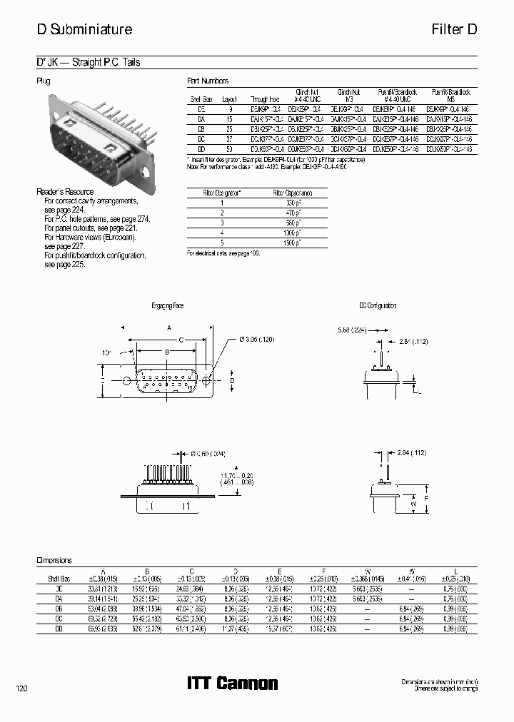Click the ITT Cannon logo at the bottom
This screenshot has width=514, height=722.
tap(232, 683)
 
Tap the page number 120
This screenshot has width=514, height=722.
tap(21, 688)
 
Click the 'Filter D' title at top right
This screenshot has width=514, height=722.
tap(454, 29)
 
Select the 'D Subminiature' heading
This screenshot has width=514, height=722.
tap(84, 29)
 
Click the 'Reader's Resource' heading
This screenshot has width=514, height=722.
tap(65, 192)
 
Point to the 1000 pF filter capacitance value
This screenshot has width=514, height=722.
tap(293, 233)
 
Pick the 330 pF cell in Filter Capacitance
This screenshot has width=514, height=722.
tap(293, 203)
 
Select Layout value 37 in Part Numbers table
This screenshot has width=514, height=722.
tap(229, 138)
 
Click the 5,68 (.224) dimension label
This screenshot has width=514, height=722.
tap(351, 330)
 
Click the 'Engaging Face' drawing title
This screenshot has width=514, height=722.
tap(168, 305)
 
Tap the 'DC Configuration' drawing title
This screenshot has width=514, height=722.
tap(378, 305)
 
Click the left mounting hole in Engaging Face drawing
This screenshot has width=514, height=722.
tap(128, 380)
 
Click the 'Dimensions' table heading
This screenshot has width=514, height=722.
tap(54, 560)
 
